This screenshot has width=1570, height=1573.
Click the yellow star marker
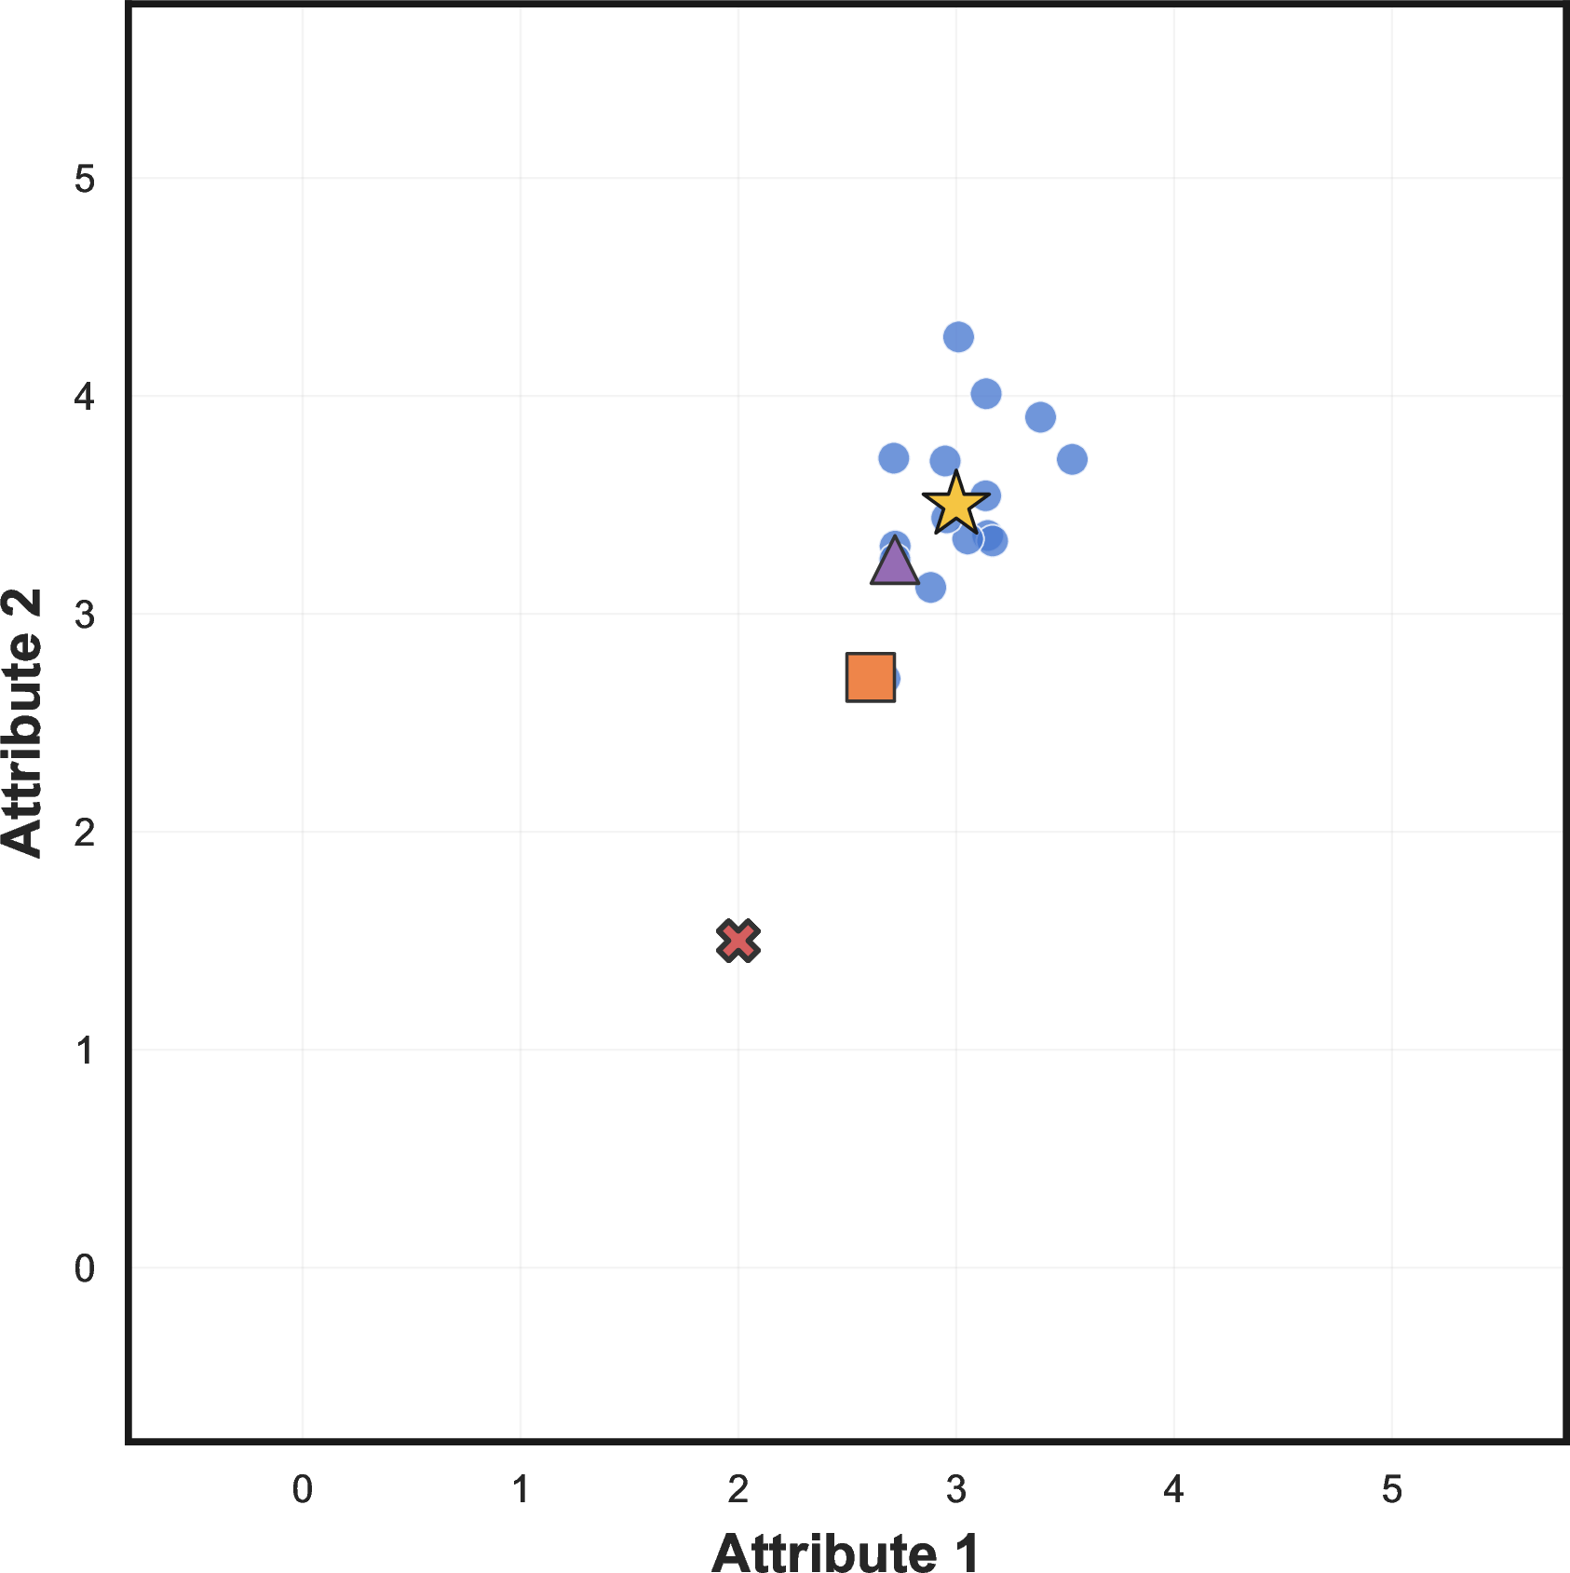956,504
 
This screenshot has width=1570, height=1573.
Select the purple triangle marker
894,563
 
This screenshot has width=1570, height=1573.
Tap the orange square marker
871,677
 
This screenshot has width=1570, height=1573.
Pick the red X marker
738,941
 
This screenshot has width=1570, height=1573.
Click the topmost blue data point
958,336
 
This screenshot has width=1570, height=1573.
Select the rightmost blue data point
1072,459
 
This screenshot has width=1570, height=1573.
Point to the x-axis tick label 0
303,1490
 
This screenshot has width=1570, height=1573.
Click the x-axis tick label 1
521,1490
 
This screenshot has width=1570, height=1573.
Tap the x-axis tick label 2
738,1490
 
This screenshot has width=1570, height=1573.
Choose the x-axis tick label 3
956,1490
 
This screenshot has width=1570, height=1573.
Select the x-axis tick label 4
1174,1490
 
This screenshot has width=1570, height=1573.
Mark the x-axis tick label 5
1392,1490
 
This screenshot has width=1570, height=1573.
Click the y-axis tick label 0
85,1268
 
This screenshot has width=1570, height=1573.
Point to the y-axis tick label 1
85,1050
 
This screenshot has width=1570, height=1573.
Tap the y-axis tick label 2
85,832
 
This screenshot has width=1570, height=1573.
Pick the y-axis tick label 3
85,614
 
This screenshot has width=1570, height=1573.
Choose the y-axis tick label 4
85,396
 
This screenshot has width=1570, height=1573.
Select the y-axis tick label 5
85,178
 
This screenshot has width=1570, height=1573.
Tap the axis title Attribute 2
23,723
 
